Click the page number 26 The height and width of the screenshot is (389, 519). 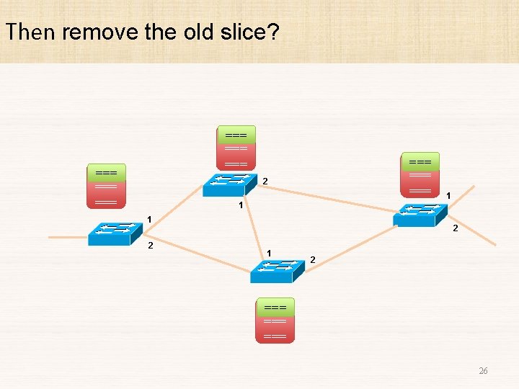pyautogui.click(x=483, y=371)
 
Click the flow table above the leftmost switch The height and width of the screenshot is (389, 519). pyautogui.click(x=106, y=187)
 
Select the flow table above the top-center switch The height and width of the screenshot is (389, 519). pyautogui.click(x=236, y=150)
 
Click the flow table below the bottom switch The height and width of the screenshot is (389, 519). pyautogui.click(x=275, y=321)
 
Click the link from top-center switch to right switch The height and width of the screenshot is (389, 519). pyautogui.click(x=332, y=196)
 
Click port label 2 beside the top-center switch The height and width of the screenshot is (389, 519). pyautogui.click(x=265, y=180)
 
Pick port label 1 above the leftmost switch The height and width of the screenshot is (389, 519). pyautogui.click(x=149, y=219)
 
